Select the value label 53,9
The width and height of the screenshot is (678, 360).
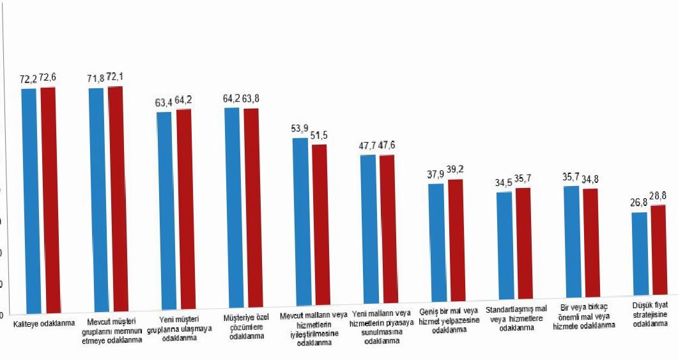(x=300, y=129)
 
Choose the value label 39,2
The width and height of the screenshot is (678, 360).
(x=456, y=169)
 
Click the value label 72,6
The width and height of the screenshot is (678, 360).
(x=49, y=78)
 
